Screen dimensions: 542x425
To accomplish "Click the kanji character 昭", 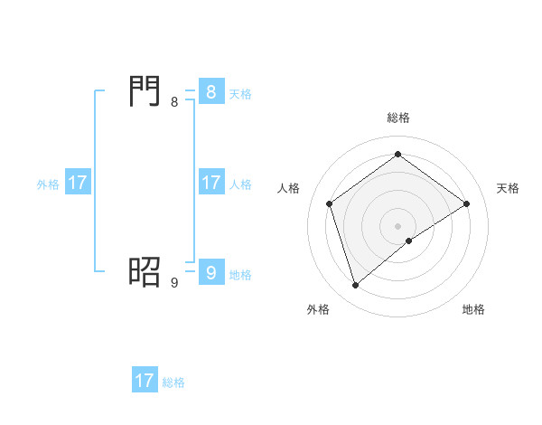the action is click(x=145, y=270).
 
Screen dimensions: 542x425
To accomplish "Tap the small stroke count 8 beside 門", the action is click(x=174, y=102).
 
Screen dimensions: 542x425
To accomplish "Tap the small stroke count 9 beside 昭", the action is click(x=174, y=283).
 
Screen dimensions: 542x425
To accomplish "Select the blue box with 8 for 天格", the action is click(x=210, y=92).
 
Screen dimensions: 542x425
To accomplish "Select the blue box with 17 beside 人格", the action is click(x=210, y=183).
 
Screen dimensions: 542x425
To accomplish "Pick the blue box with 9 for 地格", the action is click(x=210, y=273).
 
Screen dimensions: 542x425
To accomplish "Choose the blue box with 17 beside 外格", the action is click(x=78, y=183).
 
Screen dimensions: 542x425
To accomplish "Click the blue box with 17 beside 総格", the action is click(x=144, y=381).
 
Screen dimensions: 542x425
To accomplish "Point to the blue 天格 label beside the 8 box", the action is click(x=240, y=94).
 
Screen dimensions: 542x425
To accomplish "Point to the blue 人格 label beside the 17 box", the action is click(x=240, y=184).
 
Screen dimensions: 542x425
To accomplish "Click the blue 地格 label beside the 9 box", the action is click(x=240, y=275).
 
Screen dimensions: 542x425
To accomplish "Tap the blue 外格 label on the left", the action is click(x=48, y=184).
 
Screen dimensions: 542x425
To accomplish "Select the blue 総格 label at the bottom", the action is click(x=173, y=382).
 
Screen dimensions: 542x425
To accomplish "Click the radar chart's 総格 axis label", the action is click(x=397, y=118).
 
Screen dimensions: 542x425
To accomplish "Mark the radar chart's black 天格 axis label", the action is click(x=508, y=188).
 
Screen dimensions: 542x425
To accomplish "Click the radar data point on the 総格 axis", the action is click(x=397, y=155).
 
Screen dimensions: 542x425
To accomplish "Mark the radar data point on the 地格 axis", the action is click(x=409, y=241).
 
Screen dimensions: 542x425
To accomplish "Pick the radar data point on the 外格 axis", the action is click(x=356, y=286).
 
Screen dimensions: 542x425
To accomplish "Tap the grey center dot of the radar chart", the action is click(x=397, y=225).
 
